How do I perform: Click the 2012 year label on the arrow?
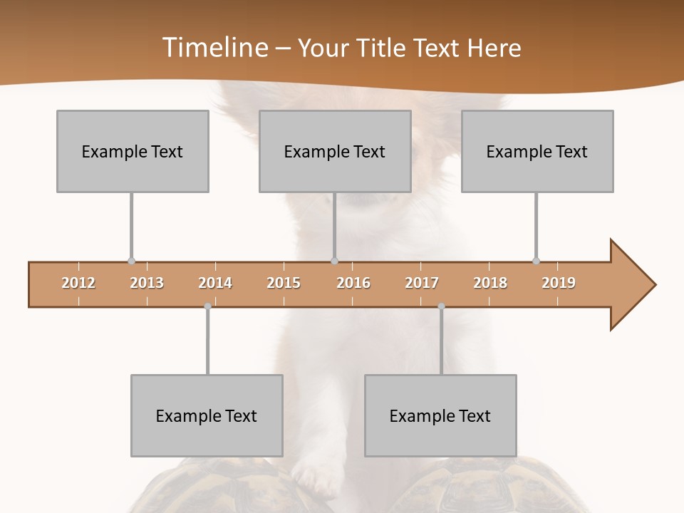[x=78, y=283]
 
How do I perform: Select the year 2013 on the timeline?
[x=147, y=283]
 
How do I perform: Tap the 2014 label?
[x=215, y=283]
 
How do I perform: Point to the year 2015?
[x=284, y=283]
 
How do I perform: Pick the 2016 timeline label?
[x=353, y=283]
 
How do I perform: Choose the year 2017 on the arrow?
[x=422, y=283]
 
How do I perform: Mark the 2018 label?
[x=490, y=283]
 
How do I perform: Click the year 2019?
[x=559, y=283]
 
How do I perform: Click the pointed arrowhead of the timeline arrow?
[x=634, y=285]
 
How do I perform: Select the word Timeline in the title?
[x=214, y=48]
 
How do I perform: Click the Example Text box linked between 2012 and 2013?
[x=133, y=151]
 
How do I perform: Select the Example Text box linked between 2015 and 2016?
[x=335, y=151]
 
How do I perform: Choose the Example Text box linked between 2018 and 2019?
[x=537, y=151]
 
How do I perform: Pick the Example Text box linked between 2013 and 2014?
[x=207, y=415]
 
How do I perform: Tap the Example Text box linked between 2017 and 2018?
[x=440, y=415]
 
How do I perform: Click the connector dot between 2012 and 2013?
[x=131, y=261]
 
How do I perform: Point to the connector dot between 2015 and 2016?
[x=334, y=261]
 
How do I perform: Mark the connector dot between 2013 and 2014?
[x=207, y=306]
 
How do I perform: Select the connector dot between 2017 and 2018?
[x=441, y=306]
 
